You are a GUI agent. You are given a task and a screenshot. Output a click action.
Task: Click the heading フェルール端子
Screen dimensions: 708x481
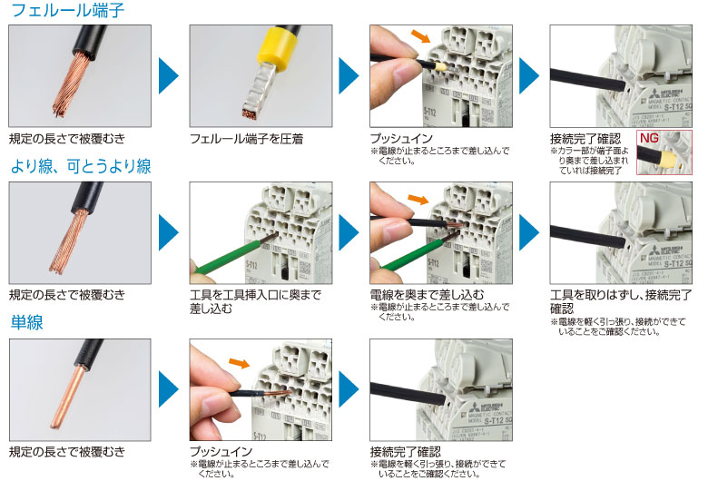pos(67,10)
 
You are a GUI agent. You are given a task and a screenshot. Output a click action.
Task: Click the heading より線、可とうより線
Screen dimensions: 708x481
pos(81,166)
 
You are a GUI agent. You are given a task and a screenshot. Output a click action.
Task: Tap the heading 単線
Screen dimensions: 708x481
pos(27,322)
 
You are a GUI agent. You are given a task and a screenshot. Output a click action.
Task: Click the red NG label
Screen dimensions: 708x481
pos(649,138)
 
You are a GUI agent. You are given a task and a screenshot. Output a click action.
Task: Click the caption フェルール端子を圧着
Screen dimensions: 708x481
pos(246,139)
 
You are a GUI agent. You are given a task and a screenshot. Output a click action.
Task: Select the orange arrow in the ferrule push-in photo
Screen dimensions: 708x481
pos(421,36)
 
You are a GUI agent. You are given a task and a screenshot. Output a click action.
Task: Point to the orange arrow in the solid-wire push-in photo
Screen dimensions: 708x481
pos(240,362)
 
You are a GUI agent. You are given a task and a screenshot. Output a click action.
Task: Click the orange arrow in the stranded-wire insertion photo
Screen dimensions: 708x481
pos(418,199)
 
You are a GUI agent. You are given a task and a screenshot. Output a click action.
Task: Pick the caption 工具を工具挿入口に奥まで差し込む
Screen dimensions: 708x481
pos(255,301)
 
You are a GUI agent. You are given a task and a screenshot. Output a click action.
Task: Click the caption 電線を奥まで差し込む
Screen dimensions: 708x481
pos(427,295)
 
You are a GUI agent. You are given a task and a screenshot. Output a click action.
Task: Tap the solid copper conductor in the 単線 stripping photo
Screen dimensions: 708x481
pos(68,397)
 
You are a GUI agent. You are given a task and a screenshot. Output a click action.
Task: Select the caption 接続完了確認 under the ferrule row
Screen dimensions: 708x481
pos(585,138)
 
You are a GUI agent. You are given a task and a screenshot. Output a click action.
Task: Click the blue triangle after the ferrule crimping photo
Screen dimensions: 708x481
pos(349,75)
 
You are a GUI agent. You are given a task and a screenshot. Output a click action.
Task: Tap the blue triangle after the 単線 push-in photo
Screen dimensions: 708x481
pos(349,388)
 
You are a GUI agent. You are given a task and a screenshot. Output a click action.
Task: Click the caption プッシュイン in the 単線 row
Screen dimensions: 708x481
pos(221,451)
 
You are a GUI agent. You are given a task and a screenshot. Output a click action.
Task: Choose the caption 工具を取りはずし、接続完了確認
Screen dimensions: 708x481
pos(621,301)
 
